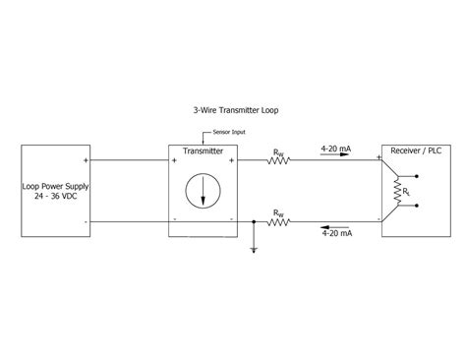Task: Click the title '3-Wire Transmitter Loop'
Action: pos(232,111)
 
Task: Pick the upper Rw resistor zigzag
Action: pos(279,161)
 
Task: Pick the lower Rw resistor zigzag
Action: pos(279,222)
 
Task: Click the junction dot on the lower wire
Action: pos(255,222)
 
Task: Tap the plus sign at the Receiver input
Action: pos(379,157)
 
